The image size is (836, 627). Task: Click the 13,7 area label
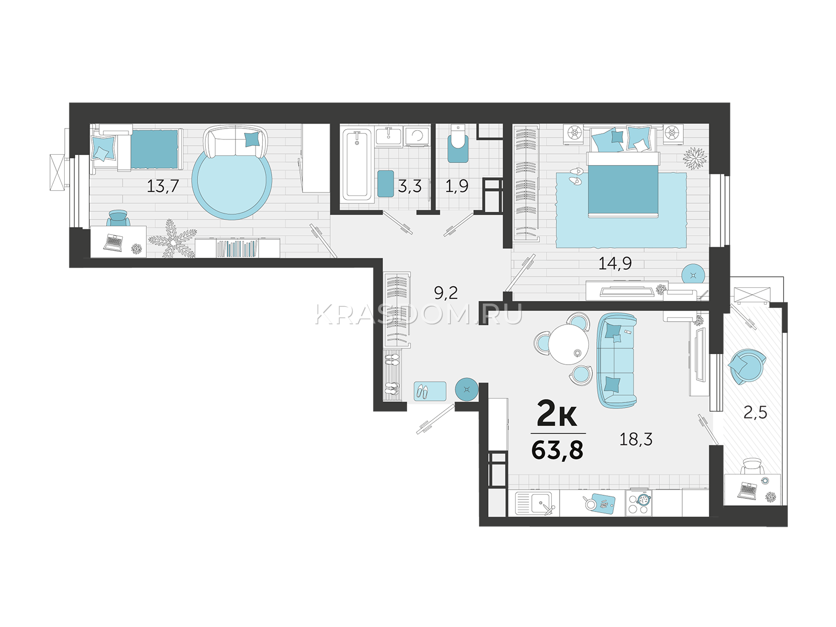(162, 186)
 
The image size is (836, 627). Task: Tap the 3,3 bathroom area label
(410, 187)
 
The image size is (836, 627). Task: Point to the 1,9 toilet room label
(457, 186)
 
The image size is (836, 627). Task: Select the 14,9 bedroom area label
(614, 263)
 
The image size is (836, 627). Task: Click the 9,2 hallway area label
(446, 293)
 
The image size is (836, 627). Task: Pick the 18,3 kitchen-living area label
(636, 440)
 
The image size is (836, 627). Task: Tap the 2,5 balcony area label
(755, 413)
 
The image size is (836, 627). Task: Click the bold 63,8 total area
(557, 451)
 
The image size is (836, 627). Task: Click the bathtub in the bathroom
(357, 165)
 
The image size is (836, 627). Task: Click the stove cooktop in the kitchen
(638, 504)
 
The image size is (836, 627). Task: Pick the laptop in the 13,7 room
(113, 242)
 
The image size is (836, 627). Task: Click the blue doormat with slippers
(430, 391)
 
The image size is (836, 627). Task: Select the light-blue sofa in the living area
(617, 361)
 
